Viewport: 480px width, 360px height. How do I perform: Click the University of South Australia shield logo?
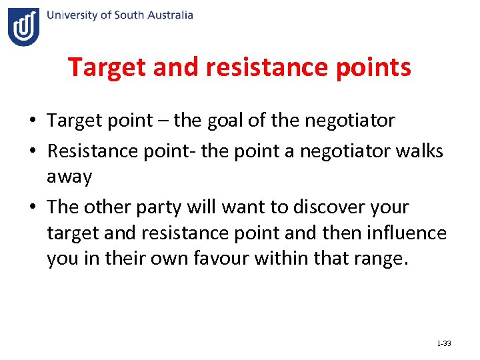tap(23, 27)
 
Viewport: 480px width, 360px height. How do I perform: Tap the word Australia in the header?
tap(169, 15)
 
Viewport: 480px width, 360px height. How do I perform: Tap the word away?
tap(69, 177)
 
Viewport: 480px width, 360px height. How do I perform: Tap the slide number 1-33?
tap(443, 344)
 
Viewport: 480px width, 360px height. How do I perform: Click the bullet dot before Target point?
tap(32, 121)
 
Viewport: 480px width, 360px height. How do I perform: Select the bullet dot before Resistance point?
tap(32, 152)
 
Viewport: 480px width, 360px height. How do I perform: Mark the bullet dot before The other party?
tap(32, 208)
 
